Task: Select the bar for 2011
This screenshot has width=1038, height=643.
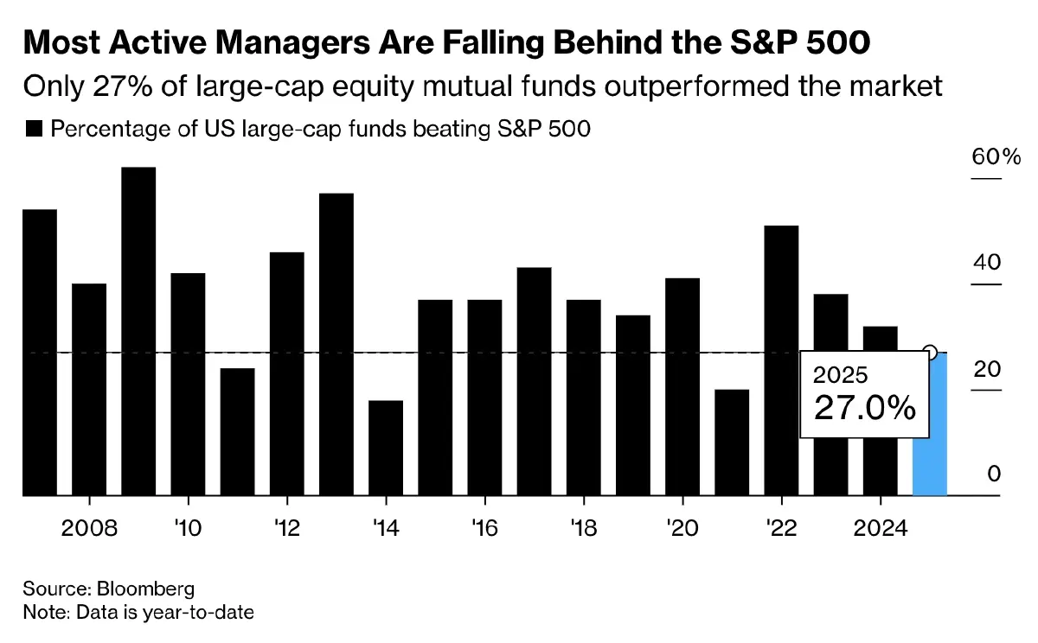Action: [x=237, y=431]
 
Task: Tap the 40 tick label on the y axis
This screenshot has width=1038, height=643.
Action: [x=985, y=263]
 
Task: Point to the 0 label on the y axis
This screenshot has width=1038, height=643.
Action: [x=994, y=474]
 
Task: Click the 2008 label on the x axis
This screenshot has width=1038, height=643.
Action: [x=89, y=527]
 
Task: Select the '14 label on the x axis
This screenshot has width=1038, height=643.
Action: [x=386, y=527]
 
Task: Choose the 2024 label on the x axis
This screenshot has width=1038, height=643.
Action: [x=880, y=527]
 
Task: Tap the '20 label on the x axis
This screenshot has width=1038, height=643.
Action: [x=682, y=527]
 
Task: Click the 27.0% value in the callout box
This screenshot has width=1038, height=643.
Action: [x=864, y=406]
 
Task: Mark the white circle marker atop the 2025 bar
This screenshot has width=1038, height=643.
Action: [x=930, y=352]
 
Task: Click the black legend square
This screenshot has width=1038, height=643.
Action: [x=35, y=130]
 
